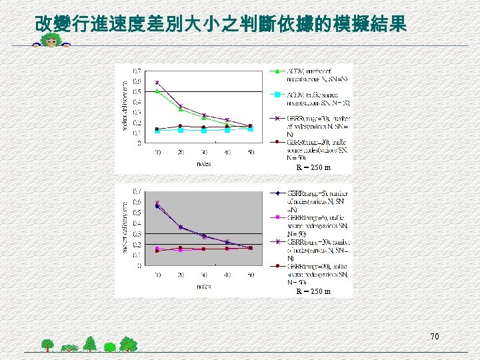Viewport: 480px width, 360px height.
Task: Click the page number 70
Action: [435, 337]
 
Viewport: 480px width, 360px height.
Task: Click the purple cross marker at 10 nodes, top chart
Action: [157, 83]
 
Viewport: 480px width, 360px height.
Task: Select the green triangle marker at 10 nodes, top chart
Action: [157, 91]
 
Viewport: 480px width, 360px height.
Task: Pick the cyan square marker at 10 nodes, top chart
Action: [157, 131]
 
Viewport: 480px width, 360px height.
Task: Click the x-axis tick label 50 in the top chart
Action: [250, 152]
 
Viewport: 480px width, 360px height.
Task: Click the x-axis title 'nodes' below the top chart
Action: [204, 162]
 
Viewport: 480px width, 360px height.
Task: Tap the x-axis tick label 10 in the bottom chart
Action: [157, 275]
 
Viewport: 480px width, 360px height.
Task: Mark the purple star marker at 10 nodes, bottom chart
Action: [157, 203]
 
